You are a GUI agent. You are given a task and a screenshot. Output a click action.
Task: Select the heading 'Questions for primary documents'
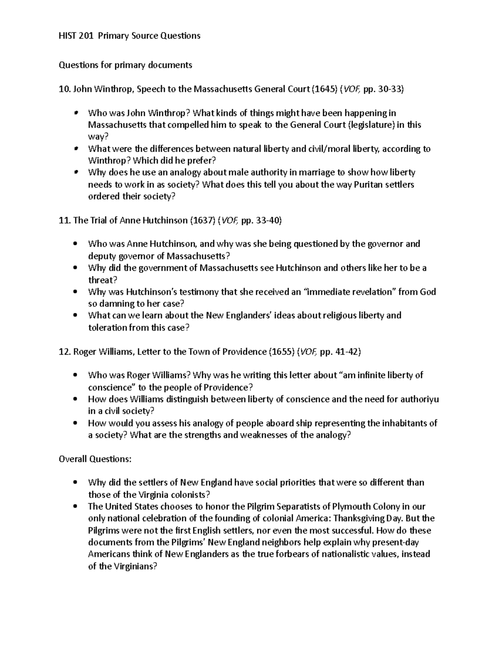coord(126,65)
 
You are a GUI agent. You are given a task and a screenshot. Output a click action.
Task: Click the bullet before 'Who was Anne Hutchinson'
coord(75,244)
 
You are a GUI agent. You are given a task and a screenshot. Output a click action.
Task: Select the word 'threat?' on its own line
coord(101,280)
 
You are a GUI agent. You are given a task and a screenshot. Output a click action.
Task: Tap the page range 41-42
coord(347,352)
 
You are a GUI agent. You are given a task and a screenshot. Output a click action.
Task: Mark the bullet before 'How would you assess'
coord(75,424)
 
